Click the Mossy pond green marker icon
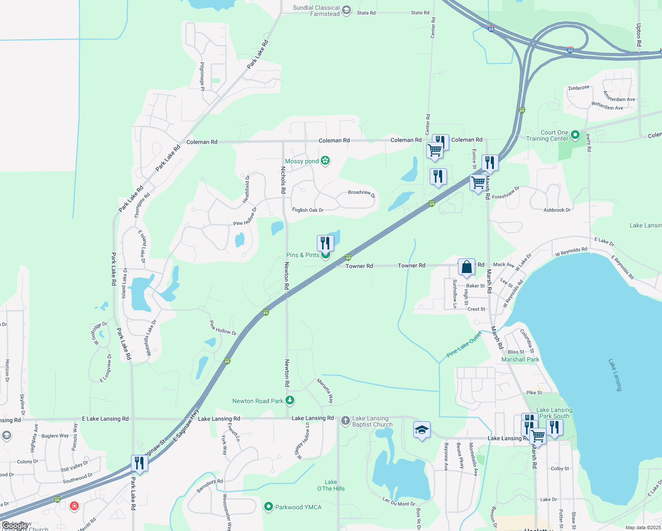click(x=325, y=161)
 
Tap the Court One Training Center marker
click(x=575, y=135)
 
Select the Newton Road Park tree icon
click(x=290, y=400)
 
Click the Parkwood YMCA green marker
click(x=268, y=507)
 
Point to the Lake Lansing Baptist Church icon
click(x=346, y=421)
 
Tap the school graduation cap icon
click(x=422, y=430)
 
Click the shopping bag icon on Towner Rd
click(x=466, y=267)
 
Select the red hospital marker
click(x=74, y=505)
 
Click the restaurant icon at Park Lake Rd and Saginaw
click(x=139, y=463)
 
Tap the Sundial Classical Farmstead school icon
click(x=346, y=10)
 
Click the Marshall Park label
click(x=520, y=359)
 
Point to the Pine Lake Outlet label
click(x=464, y=344)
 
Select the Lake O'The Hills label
click(x=331, y=485)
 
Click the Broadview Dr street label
click(x=361, y=193)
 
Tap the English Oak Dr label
click(x=308, y=210)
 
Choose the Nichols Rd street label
click(x=283, y=180)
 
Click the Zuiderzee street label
click(x=579, y=88)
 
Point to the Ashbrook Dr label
click(x=557, y=210)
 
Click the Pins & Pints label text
click(x=303, y=255)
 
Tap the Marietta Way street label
click(x=325, y=391)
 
